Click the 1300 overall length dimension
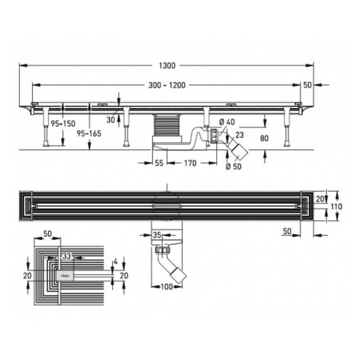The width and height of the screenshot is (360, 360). coord(167,65)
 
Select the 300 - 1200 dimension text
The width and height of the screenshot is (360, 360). coord(167,85)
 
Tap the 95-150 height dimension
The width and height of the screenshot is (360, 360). coord(63,124)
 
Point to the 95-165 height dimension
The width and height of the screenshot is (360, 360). coord(89,133)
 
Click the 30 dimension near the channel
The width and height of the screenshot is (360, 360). coord(110,119)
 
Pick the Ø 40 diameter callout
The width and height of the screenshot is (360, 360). coord(227,122)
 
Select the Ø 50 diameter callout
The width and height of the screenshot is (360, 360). coord(234,166)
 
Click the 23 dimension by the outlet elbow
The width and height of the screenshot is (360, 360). coord(239,135)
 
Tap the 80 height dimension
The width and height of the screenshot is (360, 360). coord(264,138)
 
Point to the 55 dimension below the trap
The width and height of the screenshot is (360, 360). coord(159,163)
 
